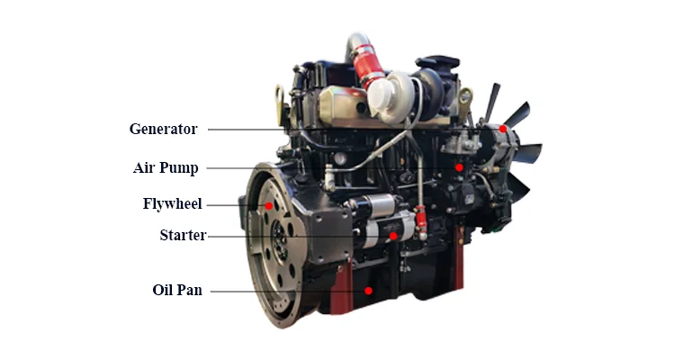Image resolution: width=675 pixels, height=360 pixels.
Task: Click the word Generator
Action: pos(163,129)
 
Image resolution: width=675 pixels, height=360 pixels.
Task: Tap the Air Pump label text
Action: pos(166,167)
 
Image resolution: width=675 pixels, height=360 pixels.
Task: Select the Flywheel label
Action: pos(172,202)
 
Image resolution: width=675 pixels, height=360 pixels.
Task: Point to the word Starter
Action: pos(183,236)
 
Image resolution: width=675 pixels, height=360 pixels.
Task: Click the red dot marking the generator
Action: pos(505,130)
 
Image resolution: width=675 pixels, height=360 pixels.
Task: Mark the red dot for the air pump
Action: pos(459,167)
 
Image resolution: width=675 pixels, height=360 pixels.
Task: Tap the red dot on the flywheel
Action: pos(268,206)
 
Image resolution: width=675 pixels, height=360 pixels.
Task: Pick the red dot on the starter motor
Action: pos(393,237)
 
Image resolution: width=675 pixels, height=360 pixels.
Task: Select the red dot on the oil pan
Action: pos(369,291)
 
